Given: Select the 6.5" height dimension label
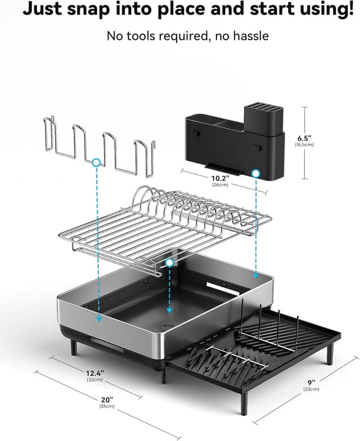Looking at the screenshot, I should (304, 137).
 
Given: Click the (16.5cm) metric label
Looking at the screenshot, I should (304, 145).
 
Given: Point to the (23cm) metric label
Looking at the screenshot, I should (310, 389).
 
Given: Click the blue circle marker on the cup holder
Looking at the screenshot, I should (96, 162).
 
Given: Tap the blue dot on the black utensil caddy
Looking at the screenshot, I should (256, 174).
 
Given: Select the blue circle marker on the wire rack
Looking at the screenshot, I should (169, 263).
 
